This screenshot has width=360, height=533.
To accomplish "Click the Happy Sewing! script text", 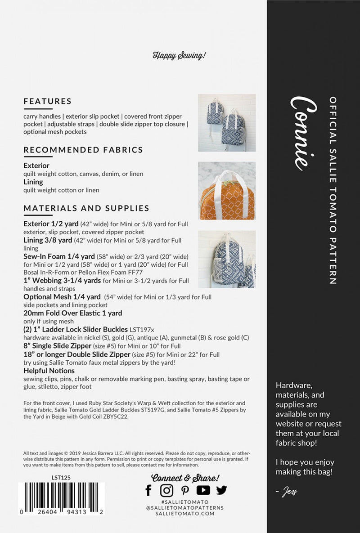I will click(x=179, y=56).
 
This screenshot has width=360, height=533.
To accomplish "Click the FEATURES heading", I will click(x=47, y=101).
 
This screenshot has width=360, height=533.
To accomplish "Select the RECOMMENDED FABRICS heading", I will click(x=83, y=150).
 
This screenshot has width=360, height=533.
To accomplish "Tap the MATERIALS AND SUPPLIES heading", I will click(x=86, y=208).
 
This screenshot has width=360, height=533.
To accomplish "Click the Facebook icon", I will click(x=148, y=490).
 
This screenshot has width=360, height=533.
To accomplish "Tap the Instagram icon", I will click(x=166, y=490).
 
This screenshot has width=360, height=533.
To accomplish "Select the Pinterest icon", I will click(x=185, y=490).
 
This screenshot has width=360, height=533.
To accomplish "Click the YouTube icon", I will click(x=203, y=490).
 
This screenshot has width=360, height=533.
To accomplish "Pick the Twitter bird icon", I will click(x=221, y=490).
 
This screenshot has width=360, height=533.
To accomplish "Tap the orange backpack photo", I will click(x=227, y=191).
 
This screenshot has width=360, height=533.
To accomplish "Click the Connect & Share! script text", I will click(x=185, y=478).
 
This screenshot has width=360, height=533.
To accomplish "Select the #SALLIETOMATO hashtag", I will click(x=184, y=502).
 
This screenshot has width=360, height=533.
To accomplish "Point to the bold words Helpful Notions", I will click(x=49, y=371).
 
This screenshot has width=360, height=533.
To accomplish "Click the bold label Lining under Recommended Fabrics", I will click(x=33, y=182).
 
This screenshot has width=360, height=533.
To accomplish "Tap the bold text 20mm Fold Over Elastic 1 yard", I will click(x=72, y=313).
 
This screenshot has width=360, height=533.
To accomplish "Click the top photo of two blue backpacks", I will click(x=227, y=123).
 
